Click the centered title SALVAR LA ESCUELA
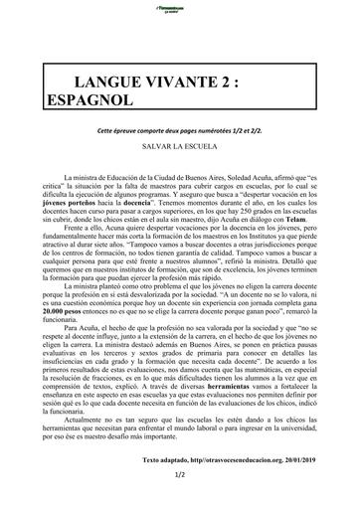coord(178,145)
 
